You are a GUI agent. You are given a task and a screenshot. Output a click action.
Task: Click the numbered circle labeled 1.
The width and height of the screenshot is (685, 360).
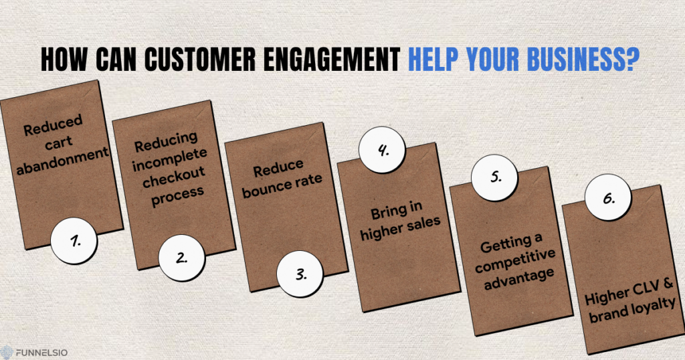[74, 241]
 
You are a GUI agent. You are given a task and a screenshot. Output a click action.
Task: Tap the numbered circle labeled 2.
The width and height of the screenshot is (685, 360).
[182, 258]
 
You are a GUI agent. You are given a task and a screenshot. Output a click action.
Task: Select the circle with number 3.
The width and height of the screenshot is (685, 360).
[300, 274]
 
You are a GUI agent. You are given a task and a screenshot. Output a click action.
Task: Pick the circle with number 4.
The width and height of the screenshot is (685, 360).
[382, 150]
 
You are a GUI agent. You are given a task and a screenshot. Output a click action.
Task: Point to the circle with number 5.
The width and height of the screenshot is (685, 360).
[494, 177]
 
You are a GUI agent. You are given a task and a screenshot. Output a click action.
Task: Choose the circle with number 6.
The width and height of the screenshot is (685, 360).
[608, 197]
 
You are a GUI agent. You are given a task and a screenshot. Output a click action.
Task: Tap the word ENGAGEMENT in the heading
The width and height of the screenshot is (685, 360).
[332, 59]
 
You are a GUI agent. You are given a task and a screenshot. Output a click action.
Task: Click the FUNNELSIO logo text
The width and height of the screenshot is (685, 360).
[41, 352]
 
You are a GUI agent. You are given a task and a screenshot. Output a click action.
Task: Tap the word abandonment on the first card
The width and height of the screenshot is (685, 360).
[62, 161]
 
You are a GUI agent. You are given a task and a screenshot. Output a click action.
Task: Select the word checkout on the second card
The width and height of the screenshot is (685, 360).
[174, 177]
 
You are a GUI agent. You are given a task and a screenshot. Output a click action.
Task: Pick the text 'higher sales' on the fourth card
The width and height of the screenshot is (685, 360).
[400, 228]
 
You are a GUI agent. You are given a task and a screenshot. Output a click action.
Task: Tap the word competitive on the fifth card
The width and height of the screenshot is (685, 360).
[516, 261]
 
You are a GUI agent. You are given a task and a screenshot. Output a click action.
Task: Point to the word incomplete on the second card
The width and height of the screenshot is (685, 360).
[169, 159]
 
